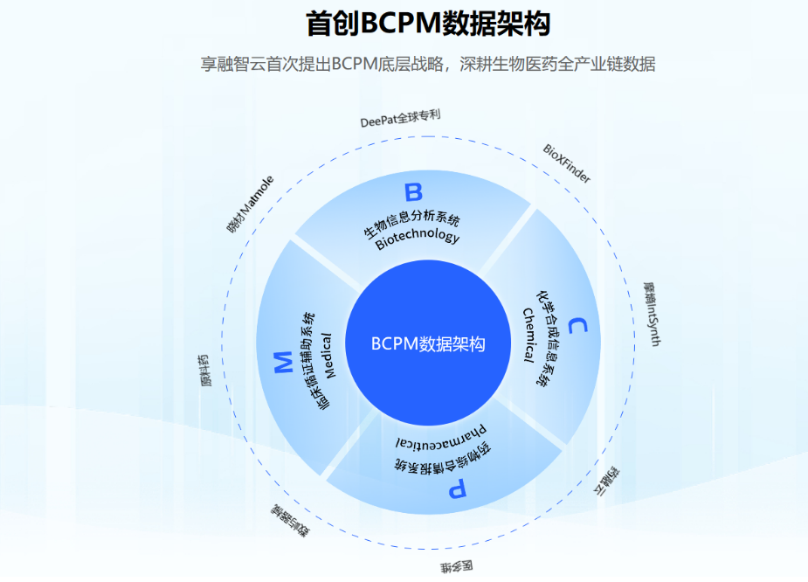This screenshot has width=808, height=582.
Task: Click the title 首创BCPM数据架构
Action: (x=427, y=24)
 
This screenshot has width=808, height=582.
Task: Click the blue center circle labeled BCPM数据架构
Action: (x=427, y=343)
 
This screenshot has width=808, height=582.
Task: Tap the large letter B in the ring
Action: (x=413, y=191)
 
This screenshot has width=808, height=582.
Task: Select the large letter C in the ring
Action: (x=577, y=327)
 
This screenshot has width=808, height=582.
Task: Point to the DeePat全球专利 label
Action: (x=400, y=119)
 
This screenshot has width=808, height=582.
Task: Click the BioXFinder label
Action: (x=567, y=163)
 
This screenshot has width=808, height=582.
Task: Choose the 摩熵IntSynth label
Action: (x=650, y=314)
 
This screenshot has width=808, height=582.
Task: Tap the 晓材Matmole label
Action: (x=250, y=204)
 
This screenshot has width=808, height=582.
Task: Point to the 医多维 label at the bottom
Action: (x=456, y=566)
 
